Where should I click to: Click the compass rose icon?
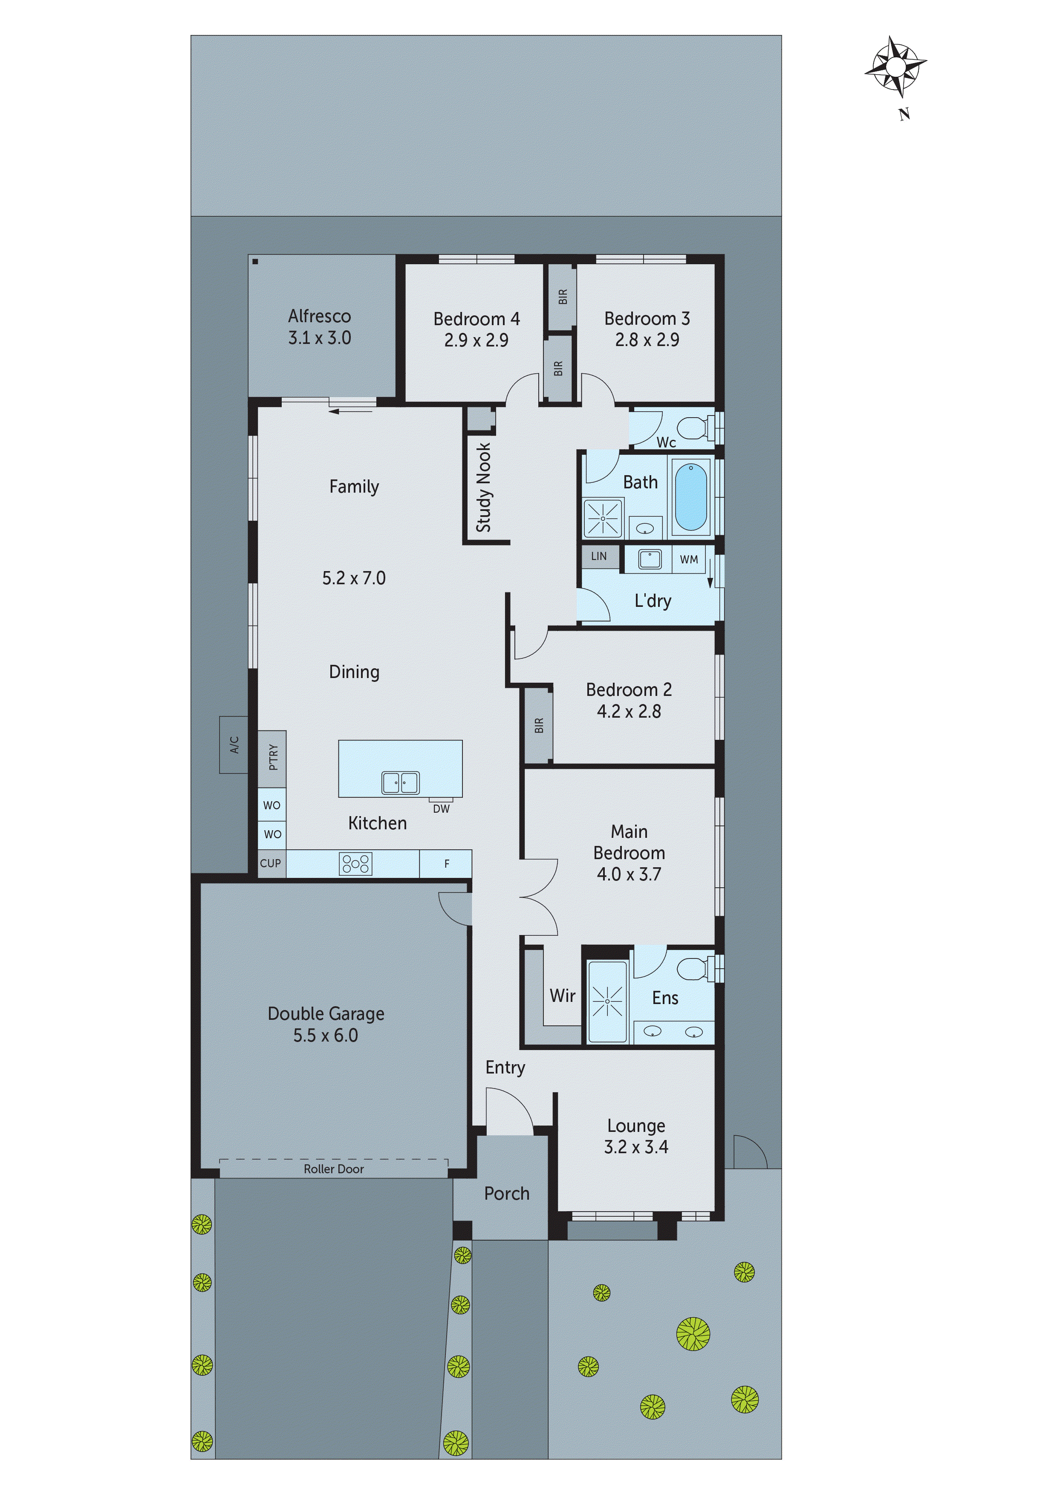[x=895, y=67]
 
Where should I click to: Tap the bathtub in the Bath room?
[x=690, y=497]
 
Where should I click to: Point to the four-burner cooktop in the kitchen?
[x=355, y=863]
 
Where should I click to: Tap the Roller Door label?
[x=333, y=1169]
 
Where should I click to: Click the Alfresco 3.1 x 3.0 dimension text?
[x=320, y=338]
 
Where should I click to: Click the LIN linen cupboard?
[x=599, y=556]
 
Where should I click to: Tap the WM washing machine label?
[x=689, y=559]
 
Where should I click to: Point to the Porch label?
[x=507, y=1194]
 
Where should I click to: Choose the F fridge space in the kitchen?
[x=446, y=864]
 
